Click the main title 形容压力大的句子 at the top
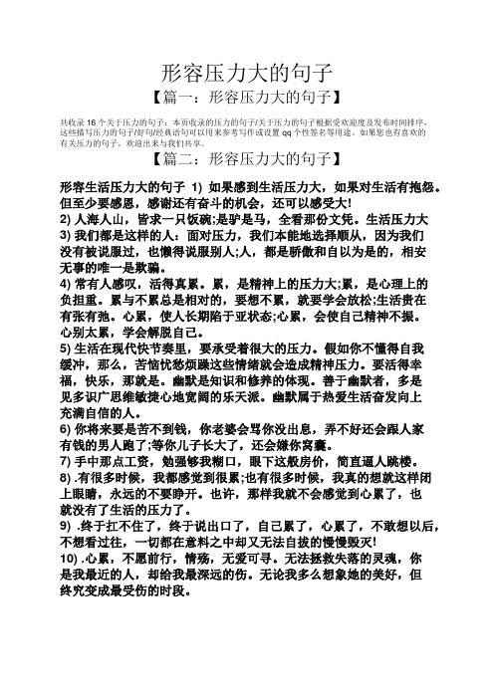pos(247,73)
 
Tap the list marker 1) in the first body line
pos(195,185)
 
